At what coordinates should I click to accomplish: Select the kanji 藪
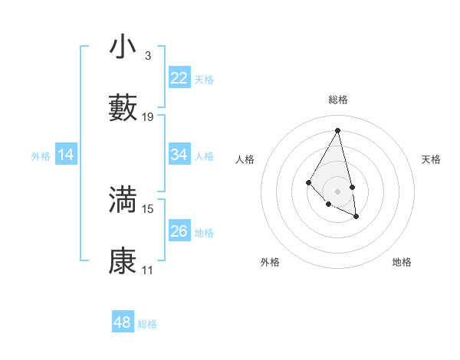coord(123,108)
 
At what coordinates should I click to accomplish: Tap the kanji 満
coord(123,200)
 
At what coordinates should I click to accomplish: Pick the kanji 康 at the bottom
coord(123,261)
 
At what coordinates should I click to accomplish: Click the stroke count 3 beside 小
coord(147,56)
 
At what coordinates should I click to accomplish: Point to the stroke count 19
coord(149,117)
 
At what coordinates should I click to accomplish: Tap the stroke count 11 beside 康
coord(148,270)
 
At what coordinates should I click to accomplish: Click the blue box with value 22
coord(179,78)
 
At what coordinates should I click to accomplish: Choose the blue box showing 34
coord(179,155)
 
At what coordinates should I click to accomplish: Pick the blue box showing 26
coord(179,231)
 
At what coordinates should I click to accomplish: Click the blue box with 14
coord(66,155)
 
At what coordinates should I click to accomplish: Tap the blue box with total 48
coord(122,322)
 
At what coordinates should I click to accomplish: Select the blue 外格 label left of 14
coord(41,155)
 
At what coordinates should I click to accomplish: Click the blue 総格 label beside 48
coord(147,324)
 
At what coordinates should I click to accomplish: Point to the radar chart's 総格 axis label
coord(338,100)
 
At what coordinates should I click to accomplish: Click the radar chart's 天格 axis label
coord(432,159)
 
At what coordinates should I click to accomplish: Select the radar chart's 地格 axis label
coord(402,262)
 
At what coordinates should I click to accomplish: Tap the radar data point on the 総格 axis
coord(338,130)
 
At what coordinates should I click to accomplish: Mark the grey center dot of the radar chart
coord(338,191)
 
